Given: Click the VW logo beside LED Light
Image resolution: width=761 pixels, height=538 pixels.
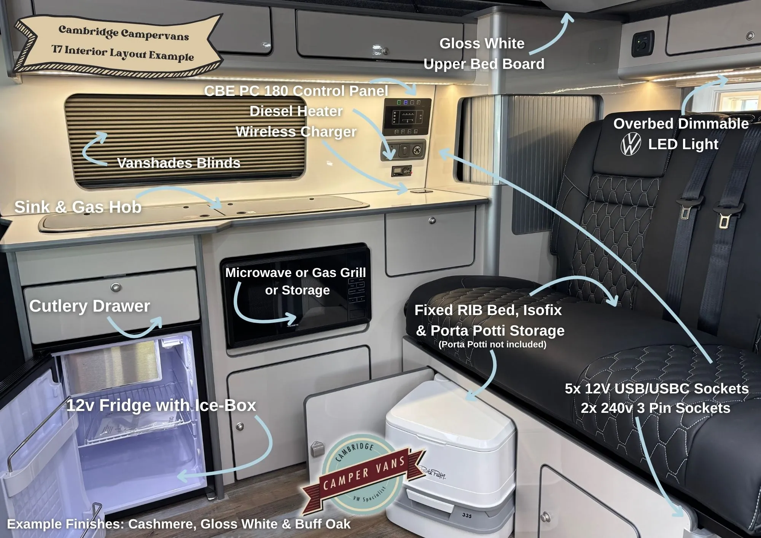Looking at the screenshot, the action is tap(631, 144).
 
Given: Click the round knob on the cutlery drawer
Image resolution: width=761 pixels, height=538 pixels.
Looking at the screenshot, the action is tap(116, 287).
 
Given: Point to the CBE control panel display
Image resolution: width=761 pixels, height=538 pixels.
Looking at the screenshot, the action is tap(408, 116).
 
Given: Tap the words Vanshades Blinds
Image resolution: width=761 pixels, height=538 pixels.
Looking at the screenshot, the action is tap(179, 163).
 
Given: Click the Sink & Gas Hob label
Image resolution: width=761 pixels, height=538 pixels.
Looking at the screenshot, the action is tap(78, 207).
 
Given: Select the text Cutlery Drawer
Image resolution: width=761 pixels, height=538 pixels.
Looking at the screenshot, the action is tap(90, 306).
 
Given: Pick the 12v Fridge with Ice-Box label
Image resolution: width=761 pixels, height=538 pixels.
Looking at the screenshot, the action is tap(161, 405).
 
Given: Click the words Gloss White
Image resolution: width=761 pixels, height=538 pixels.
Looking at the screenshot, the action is tap(482, 43).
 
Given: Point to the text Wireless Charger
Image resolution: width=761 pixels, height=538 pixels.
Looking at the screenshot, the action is tap(296, 132).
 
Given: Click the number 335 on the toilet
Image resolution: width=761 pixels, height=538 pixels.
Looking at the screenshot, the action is tap(467, 516).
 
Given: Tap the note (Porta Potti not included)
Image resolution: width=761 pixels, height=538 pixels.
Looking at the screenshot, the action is tap(492, 344).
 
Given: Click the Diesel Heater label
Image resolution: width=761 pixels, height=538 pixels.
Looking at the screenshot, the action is tap(296, 111).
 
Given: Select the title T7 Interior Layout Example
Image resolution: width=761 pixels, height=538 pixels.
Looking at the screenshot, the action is tap(123, 53).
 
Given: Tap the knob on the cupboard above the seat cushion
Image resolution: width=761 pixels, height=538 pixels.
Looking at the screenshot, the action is tap(432, 221).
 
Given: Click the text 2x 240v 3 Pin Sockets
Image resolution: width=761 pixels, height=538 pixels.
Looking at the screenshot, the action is tap(656, 408).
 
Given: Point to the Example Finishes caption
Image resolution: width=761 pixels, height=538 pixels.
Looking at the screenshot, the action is tap(179, 524).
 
